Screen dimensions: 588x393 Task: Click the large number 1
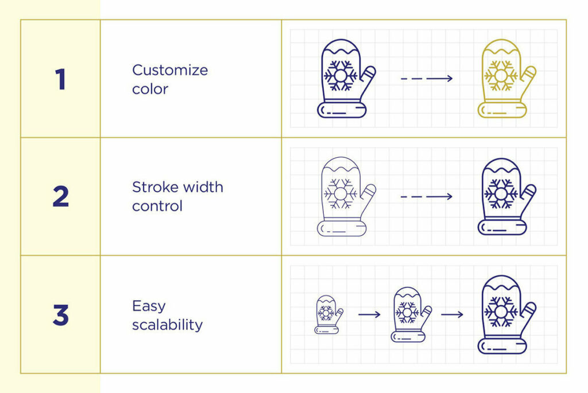tap(60, 79)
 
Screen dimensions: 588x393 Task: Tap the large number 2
tap(61, 196)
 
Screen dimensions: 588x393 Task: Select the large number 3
tap(61, 315)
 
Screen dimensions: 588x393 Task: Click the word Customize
tap(170, 70)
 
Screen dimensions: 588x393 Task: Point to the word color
tap(150, 89)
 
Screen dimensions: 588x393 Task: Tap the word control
tap(157, 205)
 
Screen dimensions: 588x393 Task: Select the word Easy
tap(149, 306)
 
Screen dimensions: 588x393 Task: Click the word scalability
tap(167, 325)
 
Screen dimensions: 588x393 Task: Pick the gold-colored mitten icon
tap(506, 78)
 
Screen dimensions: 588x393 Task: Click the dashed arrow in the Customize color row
tap(427, 78)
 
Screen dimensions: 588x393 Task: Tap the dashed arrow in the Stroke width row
tap(427, 196)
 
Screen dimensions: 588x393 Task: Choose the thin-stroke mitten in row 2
tap(346, 197)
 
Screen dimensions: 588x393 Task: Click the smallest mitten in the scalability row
tap(328, 315)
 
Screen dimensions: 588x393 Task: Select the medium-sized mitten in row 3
tap(411, 315)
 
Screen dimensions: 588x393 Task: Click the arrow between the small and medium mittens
tap(369, 314)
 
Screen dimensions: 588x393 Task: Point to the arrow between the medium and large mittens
tap(452, 314)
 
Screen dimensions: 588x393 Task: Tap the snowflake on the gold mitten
tap(501, 76)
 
